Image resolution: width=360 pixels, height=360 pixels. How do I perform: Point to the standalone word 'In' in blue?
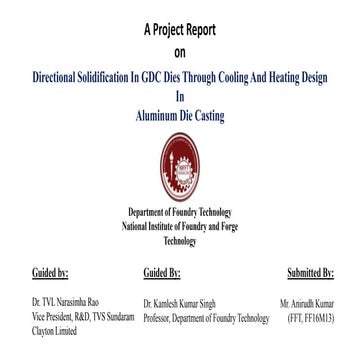180,97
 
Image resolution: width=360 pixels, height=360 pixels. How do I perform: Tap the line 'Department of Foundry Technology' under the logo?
180,213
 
